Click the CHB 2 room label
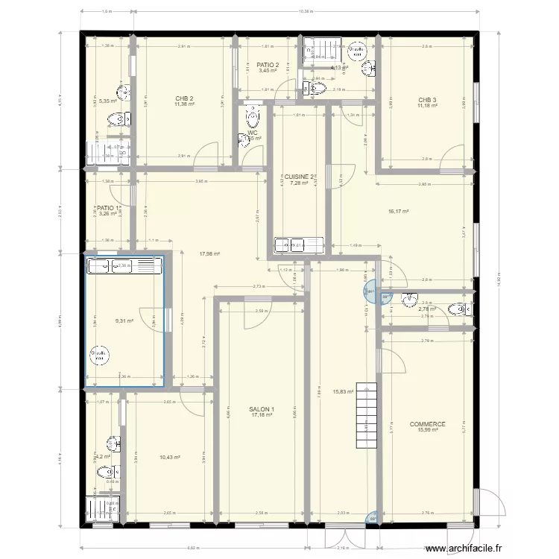pos(184,98)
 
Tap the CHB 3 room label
pos(427,100)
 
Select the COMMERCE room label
pos(427,424)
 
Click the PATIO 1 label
pos(107,208)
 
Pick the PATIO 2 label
pos(268,66)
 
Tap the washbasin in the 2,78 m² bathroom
pos(409,300)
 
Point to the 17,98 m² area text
pos(209,253)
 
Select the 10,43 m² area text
pos(169,458)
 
